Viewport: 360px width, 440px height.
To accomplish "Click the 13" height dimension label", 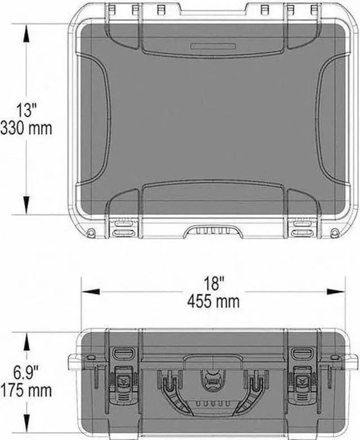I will (x=26, y=109).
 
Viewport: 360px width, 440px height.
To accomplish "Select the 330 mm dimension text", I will (x=26, y=128).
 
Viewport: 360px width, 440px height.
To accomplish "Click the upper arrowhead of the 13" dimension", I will (x=26, y=31).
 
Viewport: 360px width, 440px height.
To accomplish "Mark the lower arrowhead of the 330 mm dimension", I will (x=26, y=206).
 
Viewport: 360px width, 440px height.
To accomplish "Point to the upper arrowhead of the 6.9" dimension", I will (x=26, y=338).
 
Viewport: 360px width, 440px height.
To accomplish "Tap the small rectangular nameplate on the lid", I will (x=213, y=46).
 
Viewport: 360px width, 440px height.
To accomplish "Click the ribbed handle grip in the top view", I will (x=213, y=230).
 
